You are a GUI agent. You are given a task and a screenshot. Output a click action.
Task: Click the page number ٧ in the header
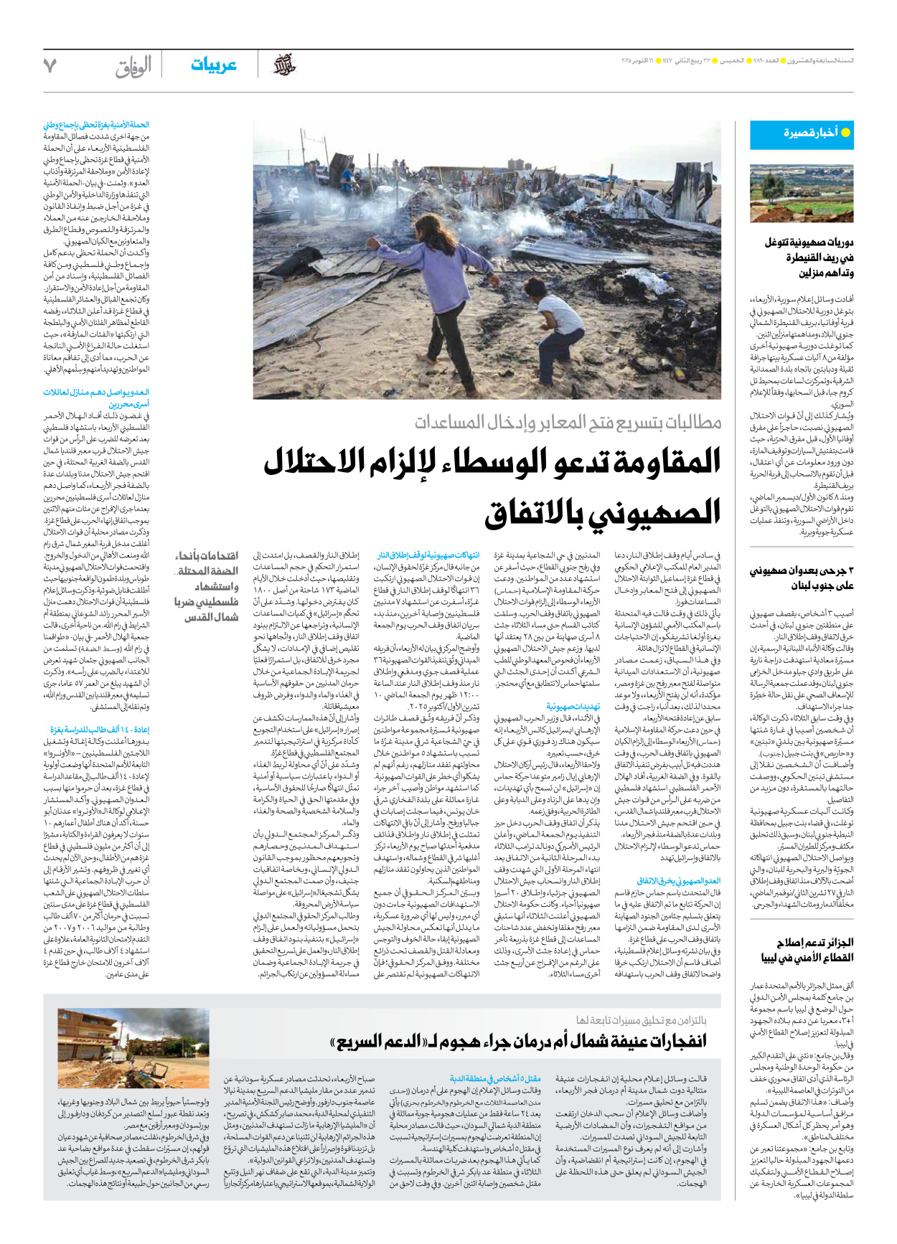tap(50, 65)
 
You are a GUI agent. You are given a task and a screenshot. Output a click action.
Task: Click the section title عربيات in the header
tap(213, 65)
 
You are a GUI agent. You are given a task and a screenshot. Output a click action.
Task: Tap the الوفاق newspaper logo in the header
tap(133, 66)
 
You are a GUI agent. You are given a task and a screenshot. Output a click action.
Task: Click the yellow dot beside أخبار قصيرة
tap(845, 133)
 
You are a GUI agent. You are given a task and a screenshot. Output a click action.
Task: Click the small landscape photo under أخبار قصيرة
tap(802, 194)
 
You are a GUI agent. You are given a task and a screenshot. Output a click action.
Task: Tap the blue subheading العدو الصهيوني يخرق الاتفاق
tap(678, 880)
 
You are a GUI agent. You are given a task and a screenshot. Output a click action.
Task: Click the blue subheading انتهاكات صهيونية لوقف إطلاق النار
tap(428, 555)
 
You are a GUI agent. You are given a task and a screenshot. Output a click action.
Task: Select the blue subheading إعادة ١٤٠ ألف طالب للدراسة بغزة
tap(99, 730)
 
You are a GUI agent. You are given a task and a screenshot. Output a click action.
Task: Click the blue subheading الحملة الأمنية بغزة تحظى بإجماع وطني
tap(96, 125)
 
